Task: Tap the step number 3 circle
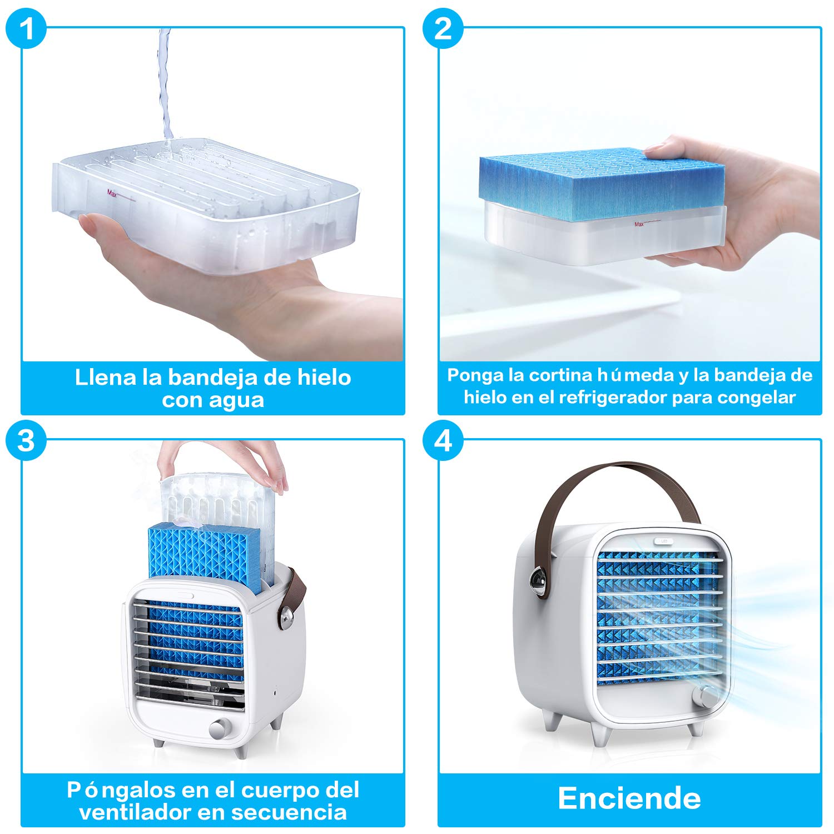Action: pyautogui.click(x=26, y=440)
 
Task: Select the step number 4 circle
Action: pyautogui.click(x=443, y=440)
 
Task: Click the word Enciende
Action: pyautogui.click(x=629, y=798)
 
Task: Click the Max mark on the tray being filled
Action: pyautogui.click(x=113, y=193)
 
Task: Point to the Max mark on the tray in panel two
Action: pyautogui.click(x=639, y=224)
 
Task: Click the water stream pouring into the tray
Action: pyautogui.click(x=165, y=83)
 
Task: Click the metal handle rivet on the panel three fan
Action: pyautogui.click(x=286, y=617)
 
